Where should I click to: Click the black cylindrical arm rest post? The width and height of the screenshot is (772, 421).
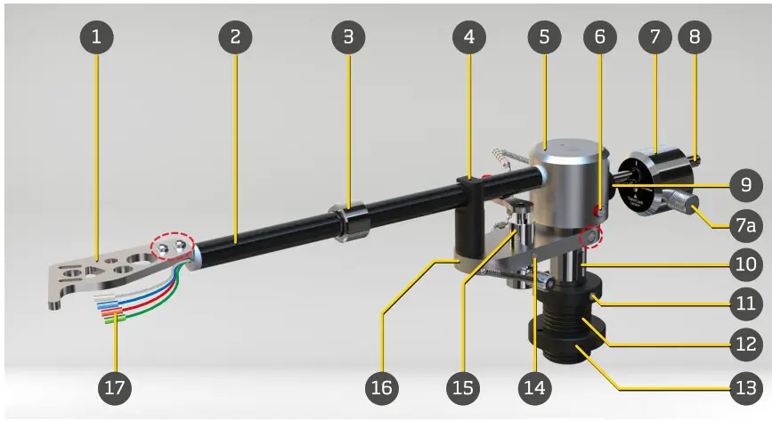pyautogui.click(x=469, y=227)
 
